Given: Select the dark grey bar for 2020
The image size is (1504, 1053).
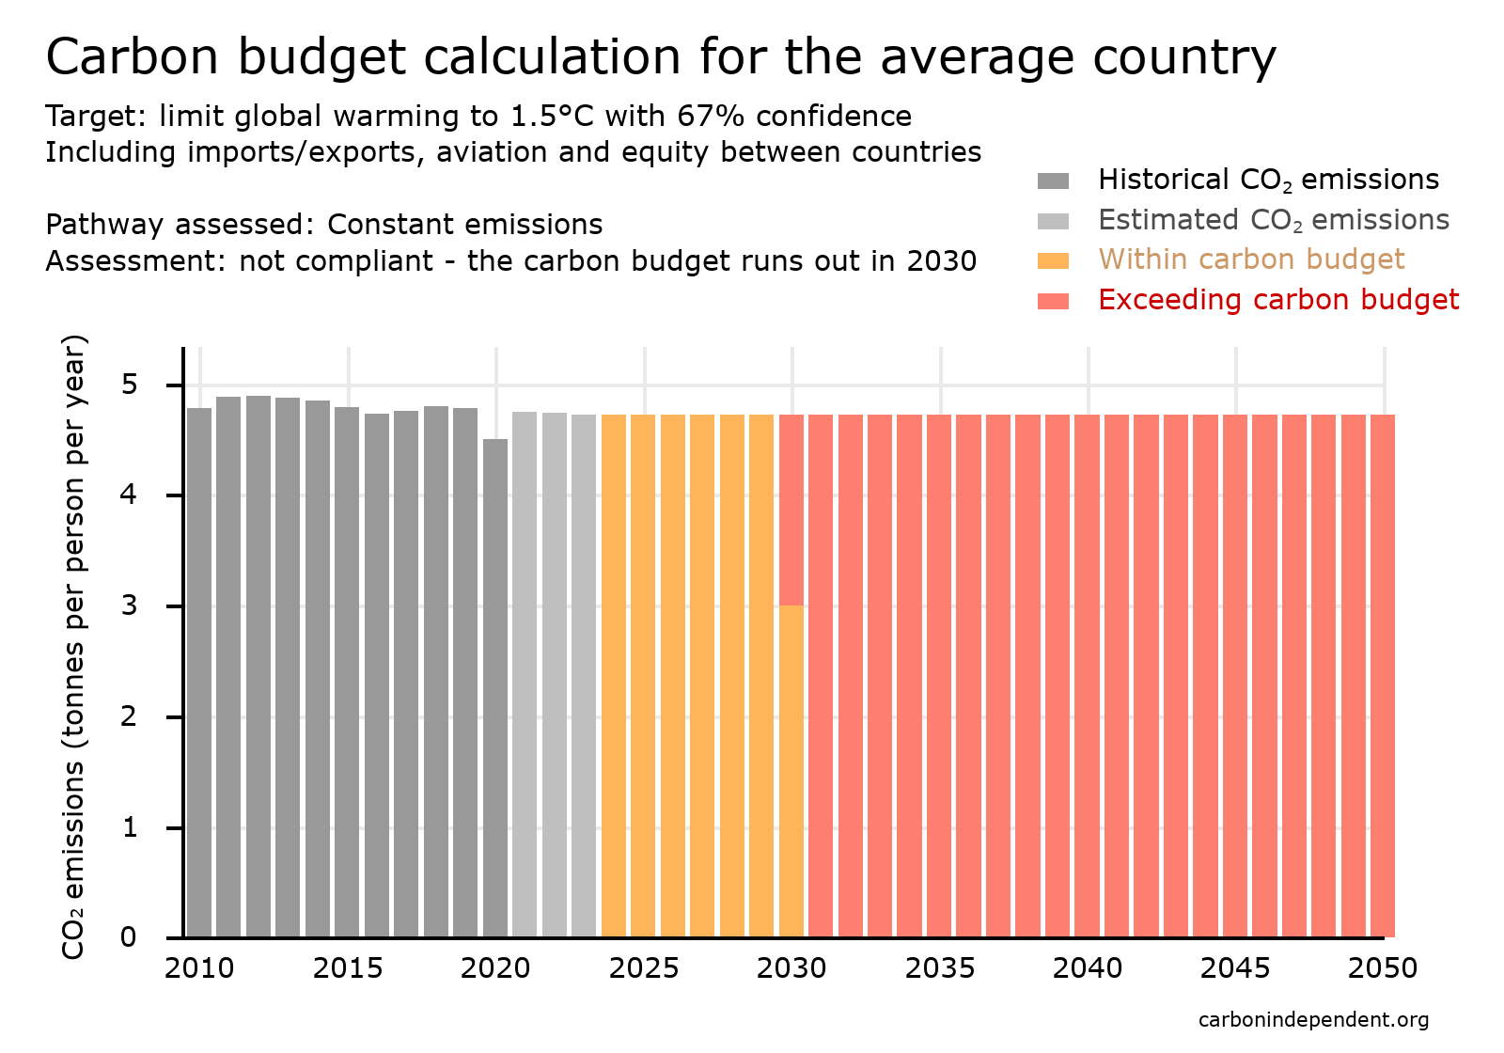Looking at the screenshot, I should click(x=495, y=686).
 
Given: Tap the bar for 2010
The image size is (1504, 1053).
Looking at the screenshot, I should click(x=199, y=672).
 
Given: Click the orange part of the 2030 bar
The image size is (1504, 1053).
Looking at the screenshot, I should click(x=791, y=771).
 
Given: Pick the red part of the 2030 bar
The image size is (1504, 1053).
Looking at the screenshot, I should click(x=791, y=508).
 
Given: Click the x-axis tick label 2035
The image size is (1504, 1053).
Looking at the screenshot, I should click(x=940, y=968).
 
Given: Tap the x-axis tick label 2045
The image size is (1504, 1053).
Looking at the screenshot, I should click(x=1235, y=968).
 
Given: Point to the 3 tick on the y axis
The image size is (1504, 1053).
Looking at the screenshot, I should click(x=129, y=605).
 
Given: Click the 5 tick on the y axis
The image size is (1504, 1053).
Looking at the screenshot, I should click(x=129, y=385).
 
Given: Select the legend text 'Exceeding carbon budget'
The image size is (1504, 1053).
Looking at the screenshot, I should click(x=1278, y=300).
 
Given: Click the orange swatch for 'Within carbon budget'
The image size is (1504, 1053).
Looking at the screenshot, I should click(x=1053, y=260).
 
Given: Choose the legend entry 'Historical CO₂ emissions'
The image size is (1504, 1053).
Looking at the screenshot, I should click(x=1268, y=180).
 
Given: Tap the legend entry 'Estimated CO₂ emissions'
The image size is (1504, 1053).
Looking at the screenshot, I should click(x=1273, y=220).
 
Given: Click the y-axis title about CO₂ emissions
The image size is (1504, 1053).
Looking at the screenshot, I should click(x=73, y=647).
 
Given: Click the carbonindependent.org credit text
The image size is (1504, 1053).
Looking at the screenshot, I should click(x=1313, y=1019).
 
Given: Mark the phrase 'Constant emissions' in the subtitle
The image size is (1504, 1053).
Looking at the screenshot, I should click(x=464, y=225).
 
